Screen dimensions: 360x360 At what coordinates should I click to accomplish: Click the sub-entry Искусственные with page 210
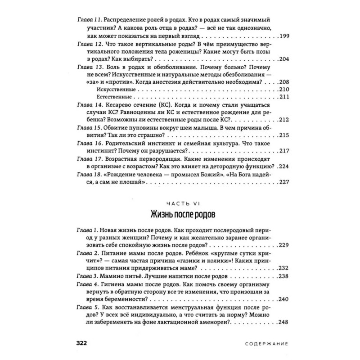coord(111,90)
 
